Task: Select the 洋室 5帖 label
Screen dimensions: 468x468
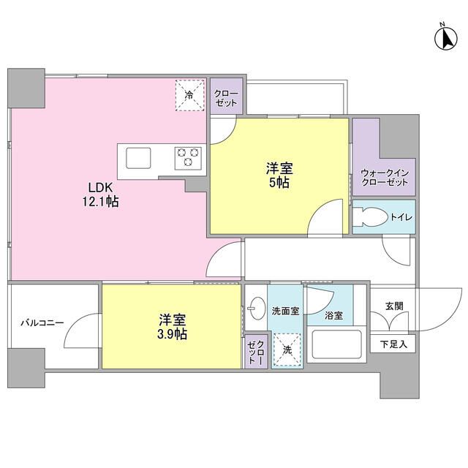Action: pos(278,175)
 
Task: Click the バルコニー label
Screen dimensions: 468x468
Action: pos(42,322)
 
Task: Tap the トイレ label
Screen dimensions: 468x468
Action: pos(400,218)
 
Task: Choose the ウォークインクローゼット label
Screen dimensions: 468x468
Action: pos(384,177)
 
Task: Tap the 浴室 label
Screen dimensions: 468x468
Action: pos(334,316)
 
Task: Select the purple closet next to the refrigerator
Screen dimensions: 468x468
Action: pos(225,97)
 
